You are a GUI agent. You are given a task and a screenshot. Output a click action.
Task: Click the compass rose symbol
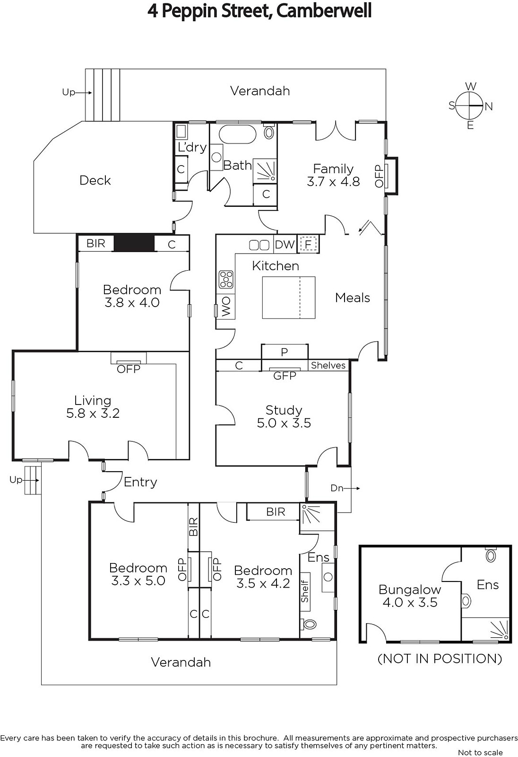[469, 106]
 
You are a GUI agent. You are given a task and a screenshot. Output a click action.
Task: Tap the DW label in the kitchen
[285, 244]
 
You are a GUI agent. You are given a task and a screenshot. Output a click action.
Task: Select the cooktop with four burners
[226, 280]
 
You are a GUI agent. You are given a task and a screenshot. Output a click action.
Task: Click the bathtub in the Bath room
[238, 135]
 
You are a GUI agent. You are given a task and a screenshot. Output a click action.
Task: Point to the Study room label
[284, 410]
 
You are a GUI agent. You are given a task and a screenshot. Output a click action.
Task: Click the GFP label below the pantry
[285, 376]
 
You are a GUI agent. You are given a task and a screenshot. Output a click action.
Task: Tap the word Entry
[140, 482]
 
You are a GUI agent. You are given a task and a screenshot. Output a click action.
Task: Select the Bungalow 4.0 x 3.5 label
[410, 596]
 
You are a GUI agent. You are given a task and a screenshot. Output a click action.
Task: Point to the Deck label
[95, 180]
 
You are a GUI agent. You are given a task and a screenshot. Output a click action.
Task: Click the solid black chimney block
[134, 243]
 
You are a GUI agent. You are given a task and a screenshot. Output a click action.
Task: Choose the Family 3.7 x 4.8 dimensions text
[333, 182]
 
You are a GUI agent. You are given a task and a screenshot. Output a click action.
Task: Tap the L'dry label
[192, 147]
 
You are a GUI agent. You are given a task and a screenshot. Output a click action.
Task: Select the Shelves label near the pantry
[328, 365]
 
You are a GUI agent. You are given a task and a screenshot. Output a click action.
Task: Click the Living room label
[93, 400]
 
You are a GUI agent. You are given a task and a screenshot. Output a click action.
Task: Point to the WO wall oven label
[226, 307]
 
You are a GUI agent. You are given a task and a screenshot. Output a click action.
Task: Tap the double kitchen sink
[259, 245]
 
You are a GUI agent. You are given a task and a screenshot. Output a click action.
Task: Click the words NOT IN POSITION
[440, 659]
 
